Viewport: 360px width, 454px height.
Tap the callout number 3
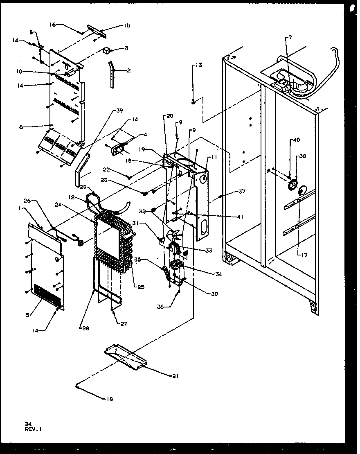(126, 48)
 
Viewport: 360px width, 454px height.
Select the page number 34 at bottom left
(28, 424)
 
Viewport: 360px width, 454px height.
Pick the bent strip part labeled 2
(112, 74)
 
